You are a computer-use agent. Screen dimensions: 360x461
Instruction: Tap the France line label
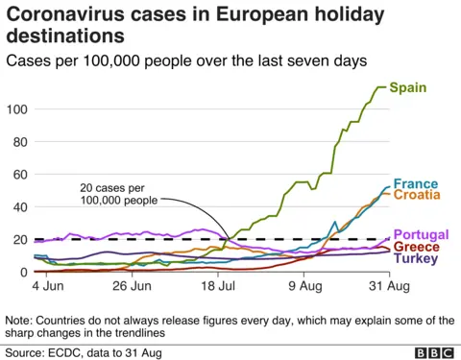point(415,182)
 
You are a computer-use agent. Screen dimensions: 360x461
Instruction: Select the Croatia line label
point(418,195)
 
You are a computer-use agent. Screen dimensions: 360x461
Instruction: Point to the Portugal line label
point(421,235)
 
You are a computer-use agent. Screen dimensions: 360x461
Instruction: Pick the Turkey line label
point(416,258)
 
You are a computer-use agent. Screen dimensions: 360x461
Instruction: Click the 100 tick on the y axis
point(15,108)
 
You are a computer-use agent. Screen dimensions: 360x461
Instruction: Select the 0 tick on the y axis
point(23,273)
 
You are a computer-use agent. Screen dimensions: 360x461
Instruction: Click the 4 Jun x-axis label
point(48,286)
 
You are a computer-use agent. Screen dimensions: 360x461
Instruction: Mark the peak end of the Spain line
point(385,87)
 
